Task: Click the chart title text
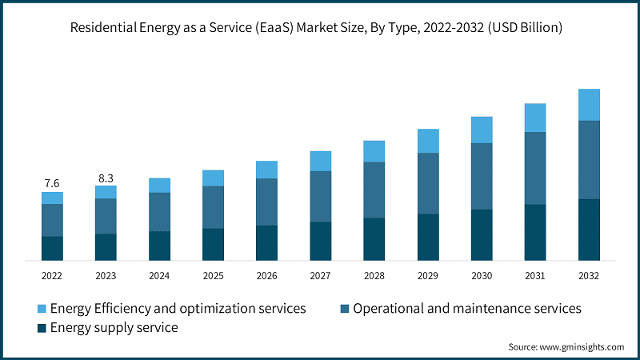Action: click(320, 28)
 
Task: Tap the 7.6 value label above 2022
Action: click(52, 183)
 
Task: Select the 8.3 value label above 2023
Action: click(106, 178)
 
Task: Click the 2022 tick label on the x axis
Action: click(52, 275)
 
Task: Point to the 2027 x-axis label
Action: click(320, 275)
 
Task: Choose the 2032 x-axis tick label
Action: click(589, 275)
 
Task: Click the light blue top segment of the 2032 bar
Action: click(589, 105)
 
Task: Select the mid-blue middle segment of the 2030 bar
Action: click(482, 176)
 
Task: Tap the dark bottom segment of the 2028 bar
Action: click(374, 238)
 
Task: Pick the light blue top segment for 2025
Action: click(213, 178)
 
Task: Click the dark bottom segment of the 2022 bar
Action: click(52, 248)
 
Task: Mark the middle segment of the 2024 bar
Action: click(159, 212)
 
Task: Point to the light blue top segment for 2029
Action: click(428, 141)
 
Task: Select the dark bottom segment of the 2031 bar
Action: click(535, 232)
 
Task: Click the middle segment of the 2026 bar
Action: click(266, 202)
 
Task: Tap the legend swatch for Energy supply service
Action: click(41, 328)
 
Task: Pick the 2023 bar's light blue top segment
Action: click(106, 192)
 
